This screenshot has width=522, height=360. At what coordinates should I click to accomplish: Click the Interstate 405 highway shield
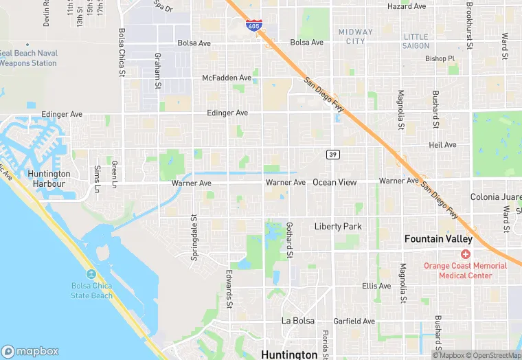click(254, 26)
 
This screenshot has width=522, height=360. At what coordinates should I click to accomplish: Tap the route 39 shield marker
click(332, 154)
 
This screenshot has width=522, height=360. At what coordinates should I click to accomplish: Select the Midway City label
click(356, 36)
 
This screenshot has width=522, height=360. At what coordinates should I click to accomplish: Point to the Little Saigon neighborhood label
click(416, 41)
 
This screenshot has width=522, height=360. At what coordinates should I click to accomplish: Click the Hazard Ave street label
click(407, 6)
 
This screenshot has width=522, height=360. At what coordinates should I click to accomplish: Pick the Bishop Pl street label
click(440, 59)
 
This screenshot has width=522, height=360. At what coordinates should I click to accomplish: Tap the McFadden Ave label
click(227, 78)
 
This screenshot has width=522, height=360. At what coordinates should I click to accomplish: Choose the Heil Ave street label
click(442, 145)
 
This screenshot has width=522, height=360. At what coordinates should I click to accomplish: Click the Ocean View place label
click(334, 183)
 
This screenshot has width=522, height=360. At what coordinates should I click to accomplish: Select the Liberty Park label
click(338, 226)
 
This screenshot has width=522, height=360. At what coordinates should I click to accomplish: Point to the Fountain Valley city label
click(438, 239)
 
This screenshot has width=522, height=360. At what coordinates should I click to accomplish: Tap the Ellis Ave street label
click(376, 286)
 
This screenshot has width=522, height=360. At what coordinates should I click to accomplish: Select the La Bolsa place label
click(297, 321)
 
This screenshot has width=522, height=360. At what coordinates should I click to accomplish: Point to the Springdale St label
click(194, 238)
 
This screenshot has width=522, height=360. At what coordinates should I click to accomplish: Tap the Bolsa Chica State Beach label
click(92, 291)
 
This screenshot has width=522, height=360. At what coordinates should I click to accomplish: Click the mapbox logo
click(32, 350)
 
